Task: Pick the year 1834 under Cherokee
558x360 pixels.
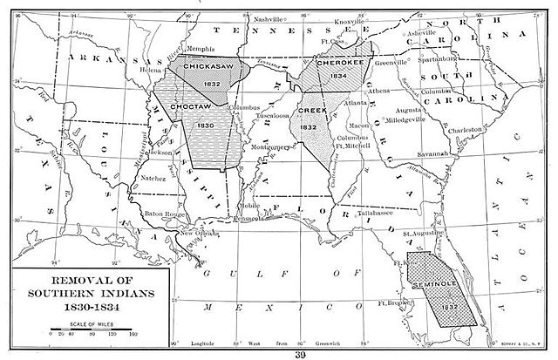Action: pos(338,77)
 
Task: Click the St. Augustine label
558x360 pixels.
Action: pos(419,234)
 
